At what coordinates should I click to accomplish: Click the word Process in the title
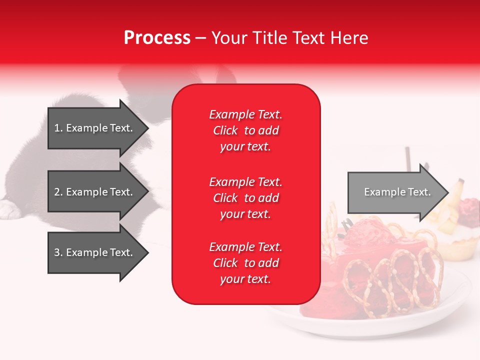[x=157, y=38]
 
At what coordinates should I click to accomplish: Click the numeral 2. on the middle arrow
[x=58, y=192]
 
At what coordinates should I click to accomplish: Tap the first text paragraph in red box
[x=245, y=130]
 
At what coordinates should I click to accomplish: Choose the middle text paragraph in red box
[x=245, y=198]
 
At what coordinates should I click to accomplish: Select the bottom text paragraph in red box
[x=245, y=263]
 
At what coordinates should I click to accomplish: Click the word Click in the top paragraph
[x=225, y=130]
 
